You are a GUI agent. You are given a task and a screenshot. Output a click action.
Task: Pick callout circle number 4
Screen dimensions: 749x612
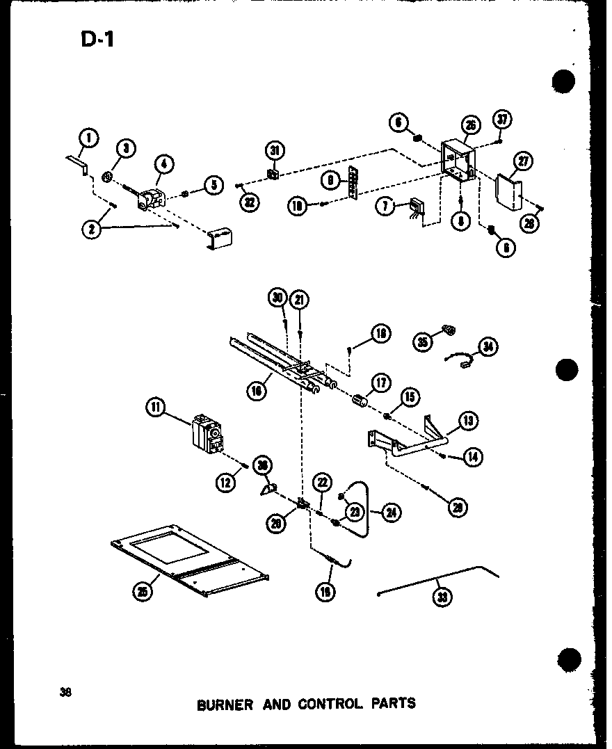click(x=165, y=166)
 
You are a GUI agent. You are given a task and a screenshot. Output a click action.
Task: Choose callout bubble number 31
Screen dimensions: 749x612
click(x=274, y=150)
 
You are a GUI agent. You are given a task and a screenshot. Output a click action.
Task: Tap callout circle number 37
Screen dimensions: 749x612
click(x=504, y=120)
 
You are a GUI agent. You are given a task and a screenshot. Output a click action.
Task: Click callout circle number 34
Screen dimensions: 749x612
click(x=488, y=348)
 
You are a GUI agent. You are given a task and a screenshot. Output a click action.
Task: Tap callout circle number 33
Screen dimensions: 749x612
click(x=439, y=597)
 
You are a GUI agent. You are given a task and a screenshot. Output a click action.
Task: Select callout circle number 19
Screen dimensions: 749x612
click(x=325, y=592)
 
